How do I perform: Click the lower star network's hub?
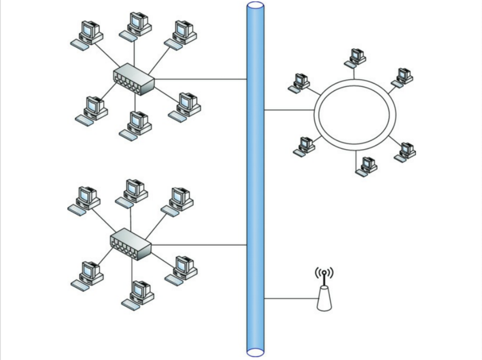(x=131, y=243)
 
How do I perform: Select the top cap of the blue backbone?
(x=256, y=6)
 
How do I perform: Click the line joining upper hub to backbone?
(x=201, y=79)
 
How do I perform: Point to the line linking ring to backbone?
(x=289, y=110)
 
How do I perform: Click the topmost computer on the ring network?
(x=355, y=57)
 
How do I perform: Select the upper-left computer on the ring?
(x=299, y=83)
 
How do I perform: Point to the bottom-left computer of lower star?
(x=87, y=275)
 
